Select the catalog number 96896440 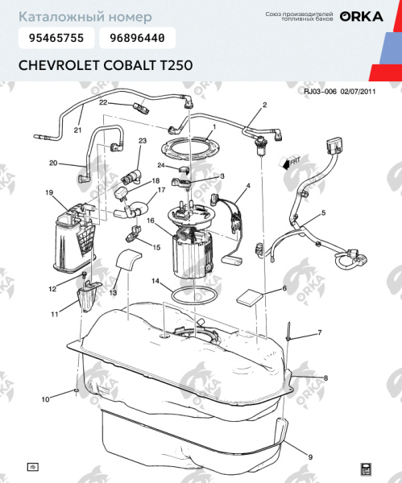tap(136, 38)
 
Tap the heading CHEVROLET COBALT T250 tap(105, 65)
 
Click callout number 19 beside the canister tap(49, 193)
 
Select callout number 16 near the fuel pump tap(150, 221)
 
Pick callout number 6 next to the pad tap(284, 288)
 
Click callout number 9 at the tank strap tap(309, 458)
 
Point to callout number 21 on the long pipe tap(78, 130)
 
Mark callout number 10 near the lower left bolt tap(46, 399)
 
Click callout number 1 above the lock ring tap(213, 129)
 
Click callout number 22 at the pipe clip tap(103, 102)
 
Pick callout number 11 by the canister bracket tap(55, 315)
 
